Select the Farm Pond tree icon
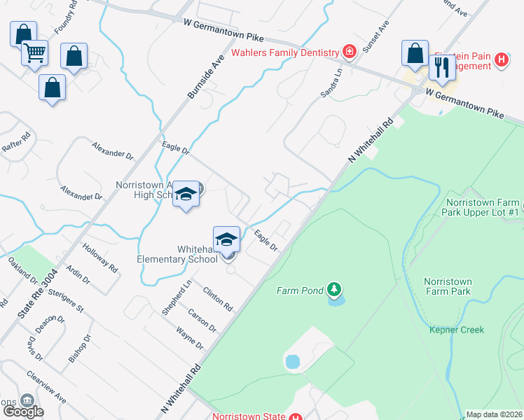click(335, 289)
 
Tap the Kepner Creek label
click(457, 330)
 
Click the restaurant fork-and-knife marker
click(441, 67)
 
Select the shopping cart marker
click(34, 52)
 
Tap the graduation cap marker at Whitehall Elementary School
click(226, 239)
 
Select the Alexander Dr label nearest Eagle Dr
click(112, 149)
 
